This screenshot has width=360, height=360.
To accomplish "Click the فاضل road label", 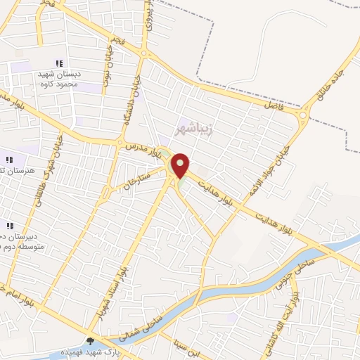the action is (272, 105).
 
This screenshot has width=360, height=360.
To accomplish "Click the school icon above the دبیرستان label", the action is (10, 226).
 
